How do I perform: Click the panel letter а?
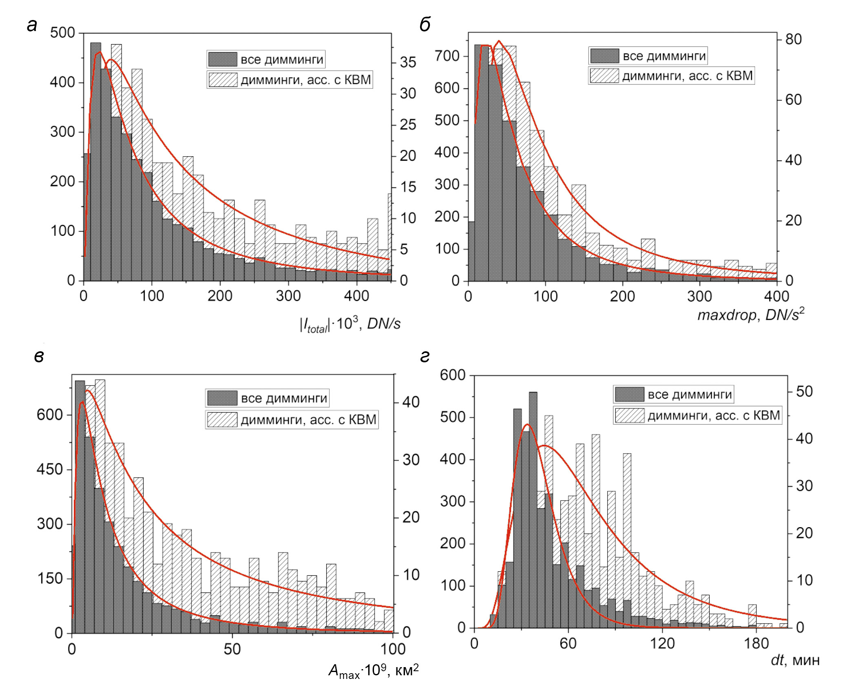click(32, 25)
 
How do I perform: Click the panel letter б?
click(425, 25)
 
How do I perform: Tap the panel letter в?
click(39, 357)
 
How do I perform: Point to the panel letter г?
click(425, 357)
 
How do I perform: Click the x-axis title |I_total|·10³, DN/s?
click(350, 325)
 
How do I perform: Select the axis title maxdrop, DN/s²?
click(751, 315)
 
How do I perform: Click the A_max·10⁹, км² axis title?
click(374, 670)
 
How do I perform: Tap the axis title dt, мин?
click(795, 660)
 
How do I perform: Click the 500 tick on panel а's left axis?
click(62, 33)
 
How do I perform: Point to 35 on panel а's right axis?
click(408, 62)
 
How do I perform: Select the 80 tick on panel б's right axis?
click(793, 40)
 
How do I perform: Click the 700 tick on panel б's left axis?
click(447, 56)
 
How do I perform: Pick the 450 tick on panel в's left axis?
click(49, 469)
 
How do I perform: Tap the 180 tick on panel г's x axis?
click(756, 644)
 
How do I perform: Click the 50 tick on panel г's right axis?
click(804, 392)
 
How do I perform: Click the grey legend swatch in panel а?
click(223, 60)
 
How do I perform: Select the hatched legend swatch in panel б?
click(604, 76)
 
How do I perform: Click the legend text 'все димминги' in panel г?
click(690, 395)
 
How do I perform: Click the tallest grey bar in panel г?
click(533, 510)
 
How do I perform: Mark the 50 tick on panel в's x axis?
click(232, 649)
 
